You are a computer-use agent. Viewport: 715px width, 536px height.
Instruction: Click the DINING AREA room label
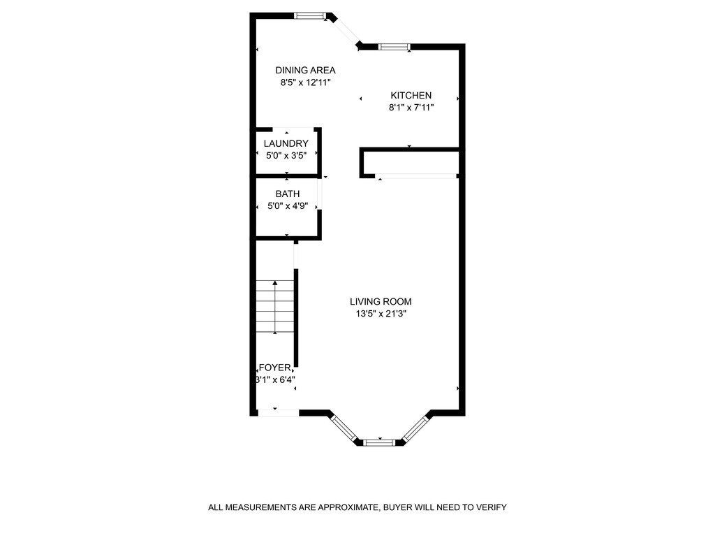pyautogui.click(x=305, y=70)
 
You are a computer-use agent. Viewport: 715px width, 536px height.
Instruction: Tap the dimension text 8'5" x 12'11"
pyautogui.click(x=305, y=82)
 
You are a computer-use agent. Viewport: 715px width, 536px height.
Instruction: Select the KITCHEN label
pyautogui.click(x=411, y=95)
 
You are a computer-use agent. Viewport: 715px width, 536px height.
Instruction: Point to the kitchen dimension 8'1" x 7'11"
pyautogui.click(x=411, y=108)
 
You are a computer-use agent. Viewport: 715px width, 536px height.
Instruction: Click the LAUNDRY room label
pyautogui.click(x=286, y=143)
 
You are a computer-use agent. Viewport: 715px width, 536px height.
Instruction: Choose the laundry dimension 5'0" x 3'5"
pyautogui.click(x=286, y=155)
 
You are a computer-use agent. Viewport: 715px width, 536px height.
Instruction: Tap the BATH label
pyautogui.click(x=287, y=194)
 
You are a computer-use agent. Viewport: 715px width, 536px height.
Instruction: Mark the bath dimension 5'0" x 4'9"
pyautogui.click(x=287, y=206)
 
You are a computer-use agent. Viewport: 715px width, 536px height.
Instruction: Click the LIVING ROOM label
pyautogui.click(x=381, y=301)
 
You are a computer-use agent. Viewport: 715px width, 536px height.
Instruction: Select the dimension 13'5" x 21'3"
pyautogui.click(x=381, y=314)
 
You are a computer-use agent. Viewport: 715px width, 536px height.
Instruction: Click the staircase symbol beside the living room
pyautogui.click(x=275, y=307)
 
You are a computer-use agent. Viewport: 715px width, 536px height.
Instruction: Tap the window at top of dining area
pyautogui.click(x=309, y=15)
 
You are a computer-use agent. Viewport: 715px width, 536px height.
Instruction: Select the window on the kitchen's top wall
pyautogui.click(x=394, y=47)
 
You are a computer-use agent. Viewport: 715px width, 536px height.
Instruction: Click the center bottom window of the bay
pyautogui.click(x=379, y=442)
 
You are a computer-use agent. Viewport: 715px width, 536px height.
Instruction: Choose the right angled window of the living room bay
pyautogui.click(x=415, y=428)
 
